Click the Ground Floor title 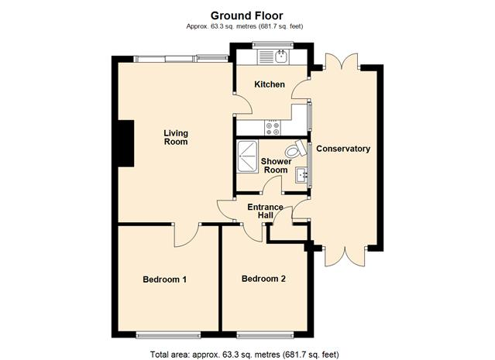click(x=246, y=15)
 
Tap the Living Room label click(x=176, y=138)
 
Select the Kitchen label click(x=270, y=84)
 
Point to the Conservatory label click(x=343, y=149)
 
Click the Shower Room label click(x=276, y=166)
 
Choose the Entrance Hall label click(x=265, y=211)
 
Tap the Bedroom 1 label click(x=165, y=279)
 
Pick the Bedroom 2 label click(x=263, y=279)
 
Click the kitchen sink click(x=281, y=57)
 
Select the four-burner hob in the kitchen click(x=273, y=128)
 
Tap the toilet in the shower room click(x=296, y=149)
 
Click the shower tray click(x=248, y=156)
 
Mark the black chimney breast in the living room click(x=126, y=143)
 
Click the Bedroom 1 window click(x=168, y=334)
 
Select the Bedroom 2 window click(x=265, y=334)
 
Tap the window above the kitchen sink click(x=273, y=45)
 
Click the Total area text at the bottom click(x=244, y=355)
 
